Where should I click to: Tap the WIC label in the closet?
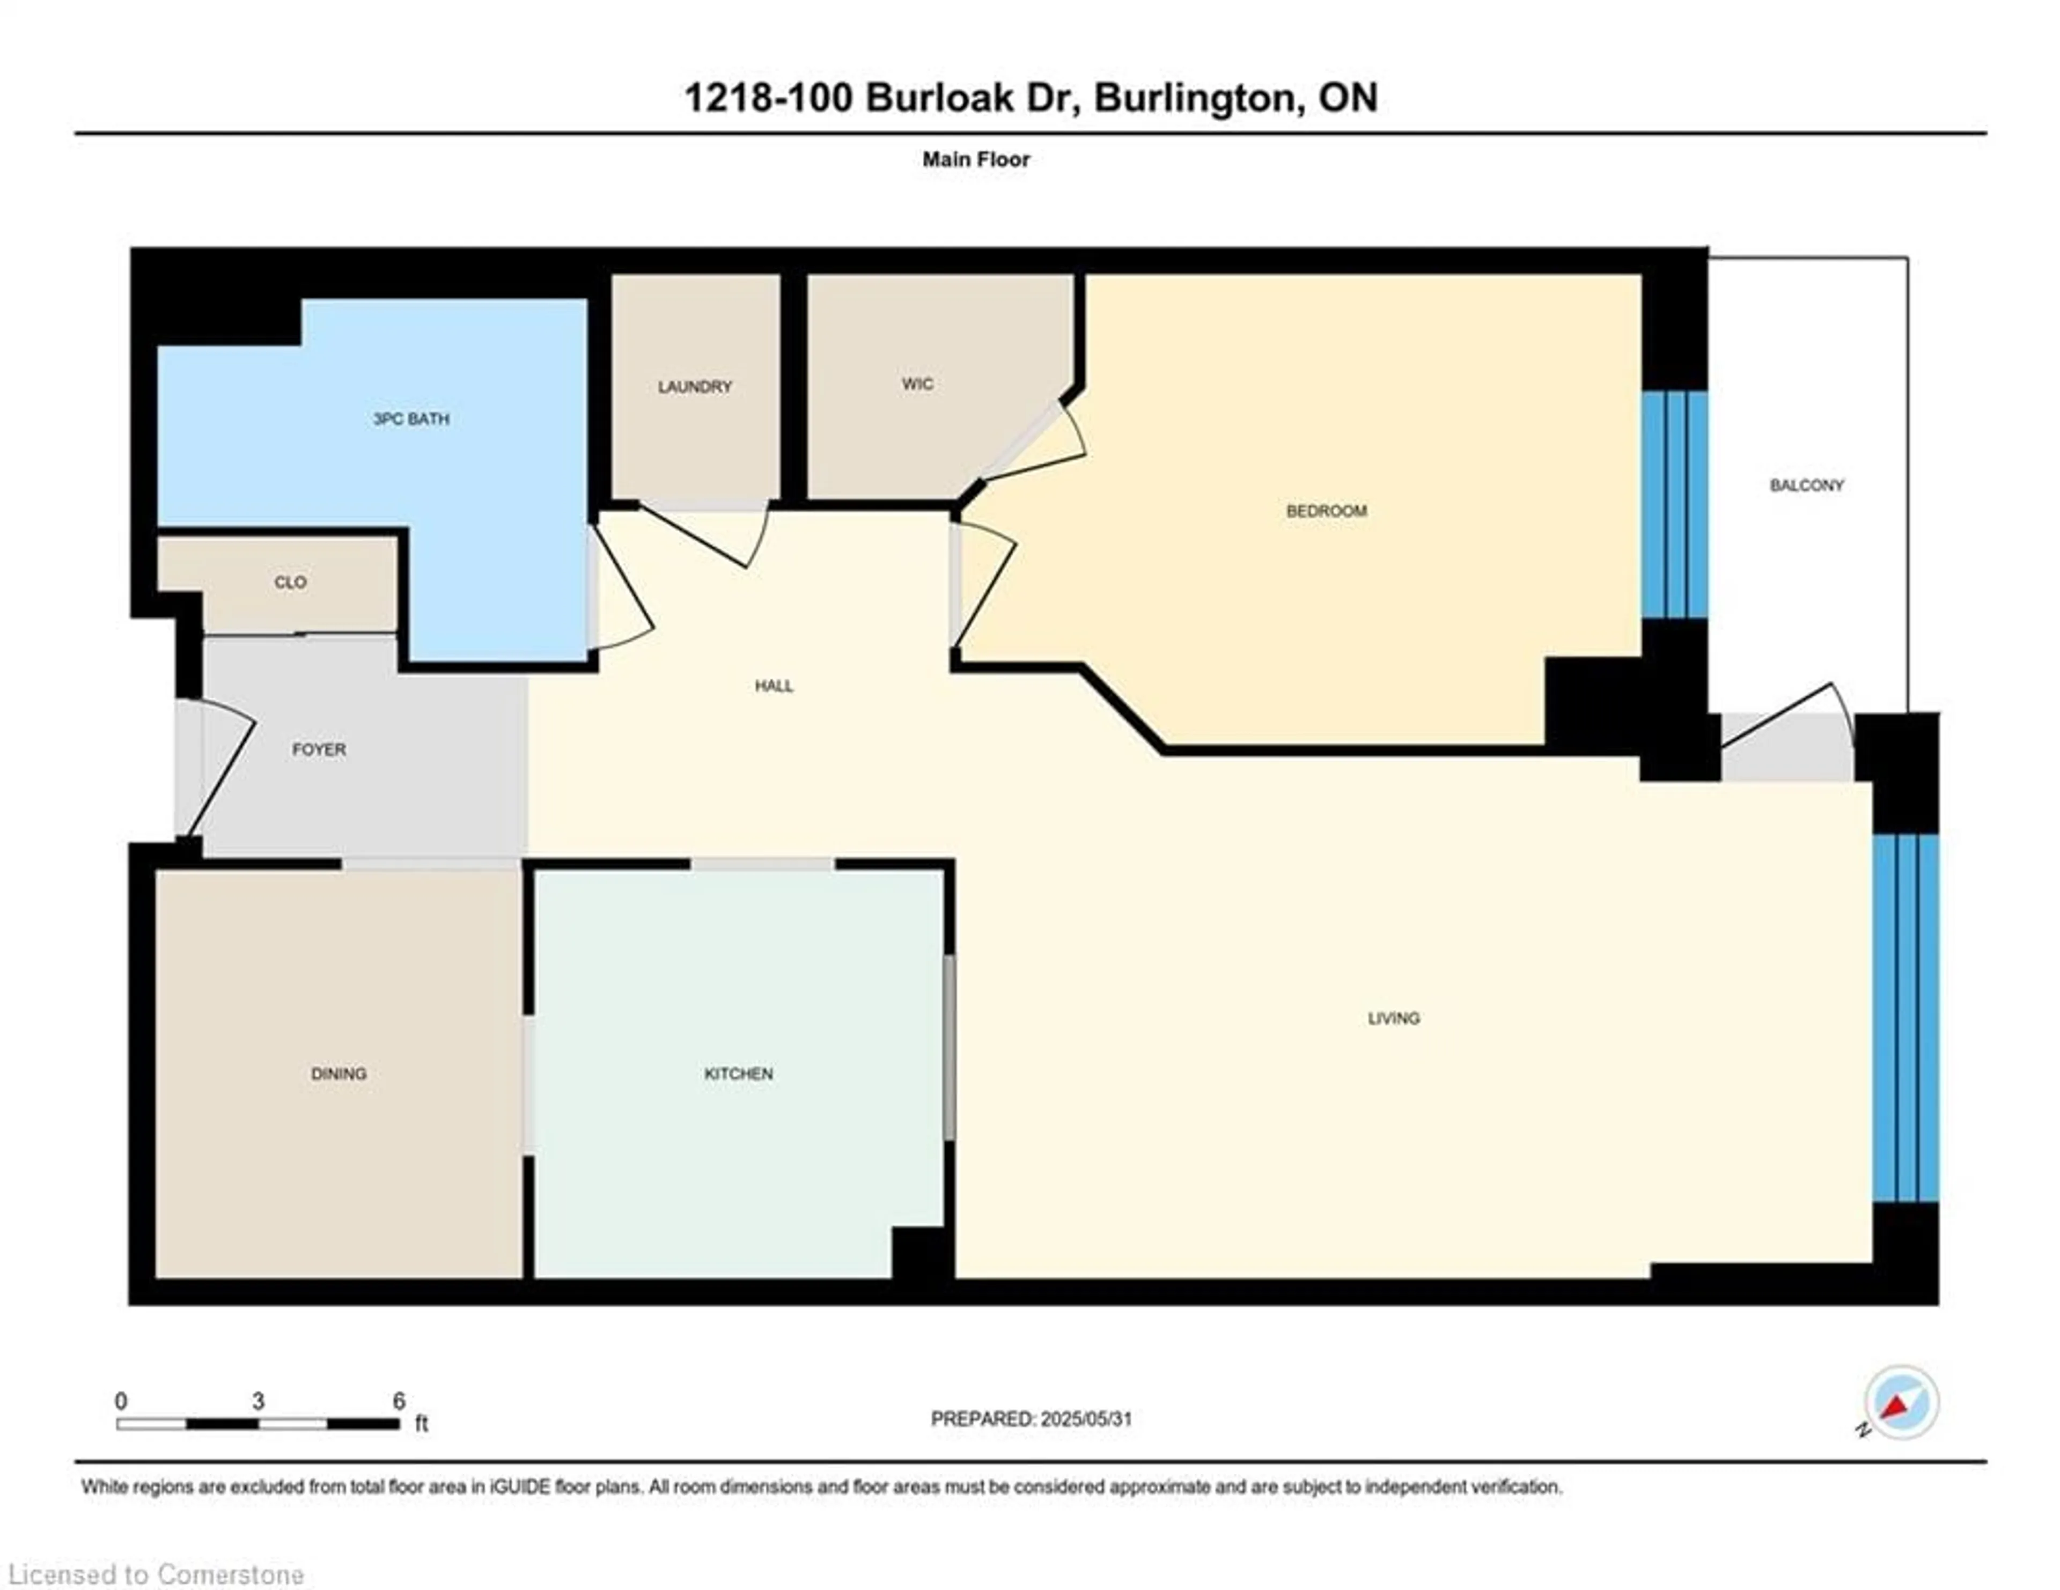point(917,384)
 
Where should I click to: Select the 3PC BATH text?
point(411,419)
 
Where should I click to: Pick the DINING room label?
point(339,1074)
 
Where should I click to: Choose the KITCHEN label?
point(739,1074)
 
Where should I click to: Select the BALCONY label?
point(1806,485)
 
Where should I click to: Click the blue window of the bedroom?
point(1674,505)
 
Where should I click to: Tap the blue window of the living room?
point(1906,1019)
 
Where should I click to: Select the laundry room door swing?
point(717,538)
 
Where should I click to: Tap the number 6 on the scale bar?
point(399,1401)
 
